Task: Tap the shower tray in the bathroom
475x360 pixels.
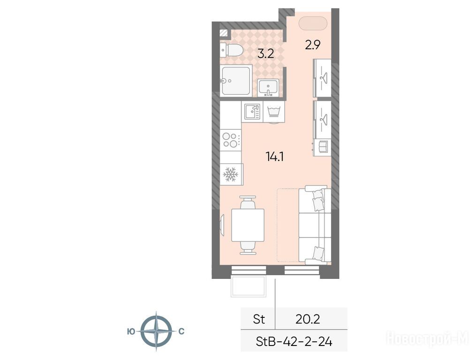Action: click(236, 81)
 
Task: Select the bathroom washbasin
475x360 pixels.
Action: click(268, 88)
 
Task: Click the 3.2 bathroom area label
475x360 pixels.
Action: click(266, 53)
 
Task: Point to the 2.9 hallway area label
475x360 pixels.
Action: click(313, 45)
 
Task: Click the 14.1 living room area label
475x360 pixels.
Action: click(274, 157)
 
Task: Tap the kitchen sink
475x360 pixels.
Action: click(252, 112)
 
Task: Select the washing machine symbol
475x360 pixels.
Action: click(274, 112)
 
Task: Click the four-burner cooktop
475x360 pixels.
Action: click(231, 140)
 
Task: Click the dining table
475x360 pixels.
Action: click(248, 225)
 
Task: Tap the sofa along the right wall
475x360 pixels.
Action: click(315, 225)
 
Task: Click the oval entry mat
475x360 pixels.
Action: click(313, 23)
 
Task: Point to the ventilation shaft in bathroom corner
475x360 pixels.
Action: click(224, 33)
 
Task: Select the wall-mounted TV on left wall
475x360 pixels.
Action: click(222, 225)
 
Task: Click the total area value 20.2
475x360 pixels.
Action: click(308, 319)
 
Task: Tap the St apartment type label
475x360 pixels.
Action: click(259, 319)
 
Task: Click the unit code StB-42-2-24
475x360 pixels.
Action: click(294, 342)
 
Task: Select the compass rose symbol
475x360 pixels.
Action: click(156, 331)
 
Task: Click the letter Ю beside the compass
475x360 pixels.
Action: click(131, 331)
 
